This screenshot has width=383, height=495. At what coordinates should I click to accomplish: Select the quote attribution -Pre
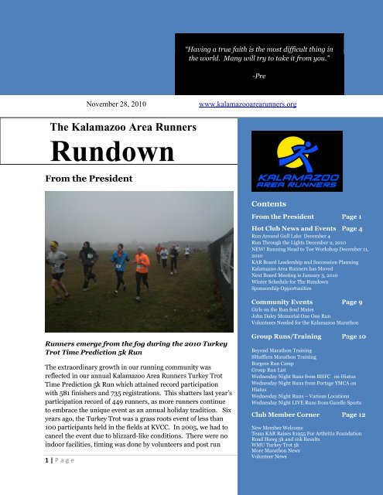[258, 76]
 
